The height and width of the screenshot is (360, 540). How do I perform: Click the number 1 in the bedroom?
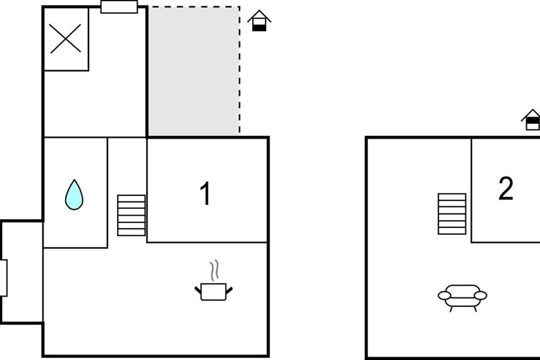tap(205, 194)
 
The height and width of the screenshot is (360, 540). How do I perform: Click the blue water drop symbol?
tap(74, 195)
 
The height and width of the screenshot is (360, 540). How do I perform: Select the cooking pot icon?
tap(213, 292)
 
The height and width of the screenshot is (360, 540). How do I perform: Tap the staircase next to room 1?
tap(131, 215)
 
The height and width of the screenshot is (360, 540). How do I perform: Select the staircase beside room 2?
tap(452, 214)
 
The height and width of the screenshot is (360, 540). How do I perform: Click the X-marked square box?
tap(65, 39)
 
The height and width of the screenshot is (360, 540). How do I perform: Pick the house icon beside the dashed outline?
tap(260, 21)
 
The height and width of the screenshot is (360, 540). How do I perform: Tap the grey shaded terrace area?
tap(193, 71)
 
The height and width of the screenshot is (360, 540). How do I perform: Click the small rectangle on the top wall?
tap(119, 7)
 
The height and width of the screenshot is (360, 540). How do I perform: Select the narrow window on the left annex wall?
tap(3, 278)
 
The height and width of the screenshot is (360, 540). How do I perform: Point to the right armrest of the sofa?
tap(481, 295)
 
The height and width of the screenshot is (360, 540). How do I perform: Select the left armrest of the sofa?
tap(444, 295)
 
